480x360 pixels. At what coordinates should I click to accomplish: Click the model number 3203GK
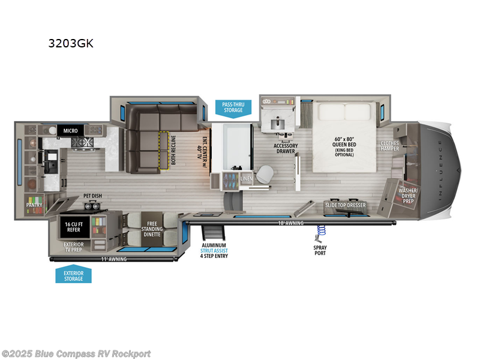[x=71, y=43]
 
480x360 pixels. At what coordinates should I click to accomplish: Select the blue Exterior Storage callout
[x=73, y=275]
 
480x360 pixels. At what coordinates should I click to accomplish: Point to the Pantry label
[x=34, y=205]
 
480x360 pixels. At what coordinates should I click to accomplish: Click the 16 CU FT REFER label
[x=73, y=226]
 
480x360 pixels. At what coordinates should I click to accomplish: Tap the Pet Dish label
[x=92, y=196]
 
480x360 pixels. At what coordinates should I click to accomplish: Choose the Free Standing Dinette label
[x=152, y=227]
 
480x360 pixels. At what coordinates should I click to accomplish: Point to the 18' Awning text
[x=289, y=223]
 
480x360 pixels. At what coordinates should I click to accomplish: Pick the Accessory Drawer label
[x=286, y=148]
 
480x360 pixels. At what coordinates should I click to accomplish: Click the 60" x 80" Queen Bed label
[x=344, y=145]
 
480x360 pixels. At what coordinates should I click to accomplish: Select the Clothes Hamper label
[x=390, y=146]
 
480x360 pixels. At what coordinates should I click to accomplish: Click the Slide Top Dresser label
[x=346, y=205]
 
